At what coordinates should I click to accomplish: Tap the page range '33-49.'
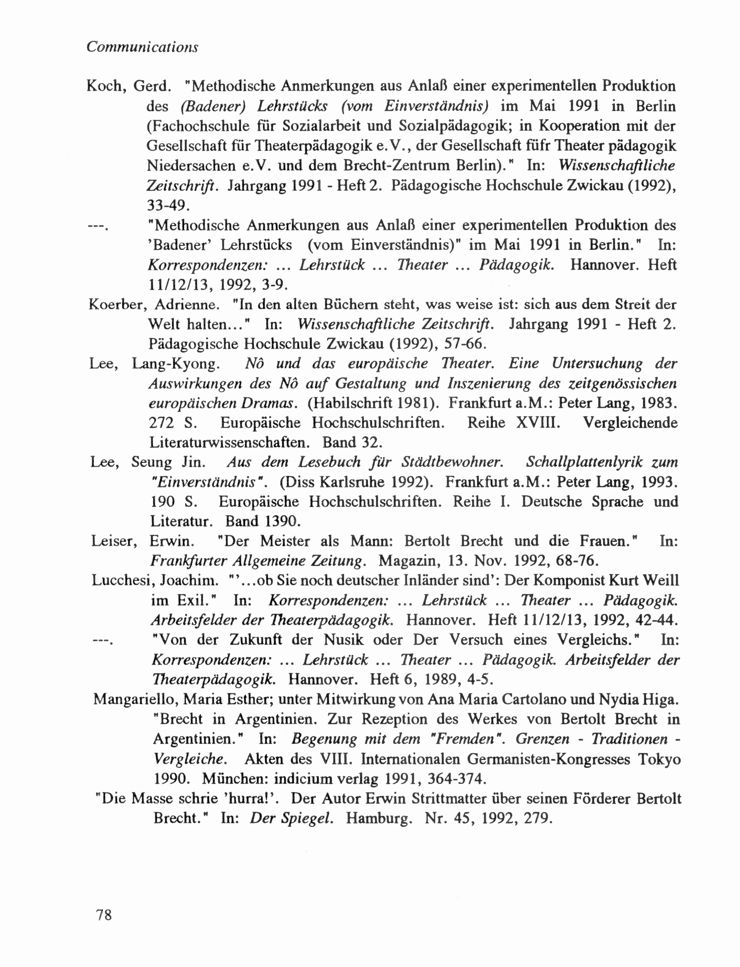point(168,205)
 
